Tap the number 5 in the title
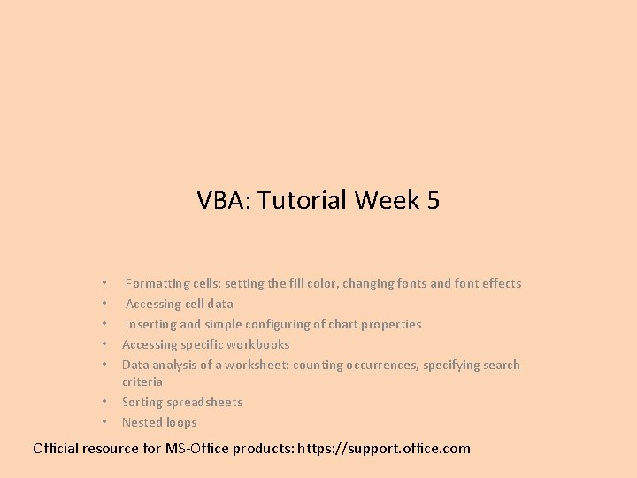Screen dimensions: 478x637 (x=433, y=201)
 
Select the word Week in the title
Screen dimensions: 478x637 (x=388, y=201)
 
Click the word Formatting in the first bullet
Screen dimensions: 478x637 (x=157, y=284)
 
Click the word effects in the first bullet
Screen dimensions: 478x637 (x=501, y=284)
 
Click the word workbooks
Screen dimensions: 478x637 (x=258, y=345)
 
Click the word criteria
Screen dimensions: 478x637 (x=142, y=382)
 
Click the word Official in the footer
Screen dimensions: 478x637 (x=56, y=449)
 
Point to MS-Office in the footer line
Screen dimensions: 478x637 (x=196, y=449)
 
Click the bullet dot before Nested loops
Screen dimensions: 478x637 (x=104, y=423)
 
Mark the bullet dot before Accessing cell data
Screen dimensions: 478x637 (x=104, y=305)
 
